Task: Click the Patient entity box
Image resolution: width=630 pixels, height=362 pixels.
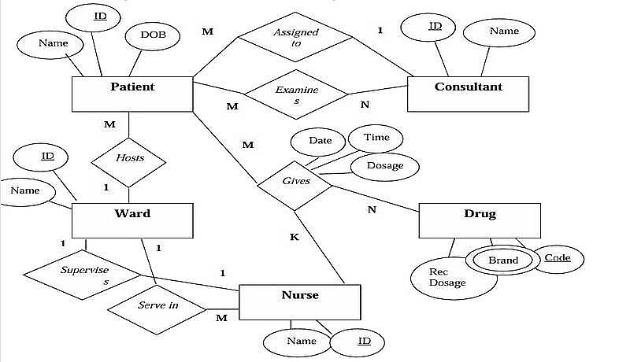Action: (132, 94)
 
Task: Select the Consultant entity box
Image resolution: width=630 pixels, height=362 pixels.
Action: (468, 94)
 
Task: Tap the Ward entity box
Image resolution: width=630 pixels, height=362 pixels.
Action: (132, 220)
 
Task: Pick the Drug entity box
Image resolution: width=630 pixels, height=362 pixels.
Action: (480, 220)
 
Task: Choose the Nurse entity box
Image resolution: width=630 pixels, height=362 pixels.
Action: (299, 302)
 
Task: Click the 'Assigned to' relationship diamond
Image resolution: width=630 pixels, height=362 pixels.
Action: (296, 38)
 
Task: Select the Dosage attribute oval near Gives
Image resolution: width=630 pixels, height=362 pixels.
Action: (385, 166)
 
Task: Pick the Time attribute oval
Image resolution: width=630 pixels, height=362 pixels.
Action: (376, 138)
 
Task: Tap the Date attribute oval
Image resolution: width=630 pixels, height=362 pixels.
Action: (320, 142)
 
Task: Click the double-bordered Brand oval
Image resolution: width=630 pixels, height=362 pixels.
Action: (502, 260)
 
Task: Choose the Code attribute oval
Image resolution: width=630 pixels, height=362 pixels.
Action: (558, 258)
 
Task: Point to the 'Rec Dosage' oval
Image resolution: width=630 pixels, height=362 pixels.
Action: (447, 278)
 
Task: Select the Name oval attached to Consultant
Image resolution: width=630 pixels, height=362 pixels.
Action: (503, 32)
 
